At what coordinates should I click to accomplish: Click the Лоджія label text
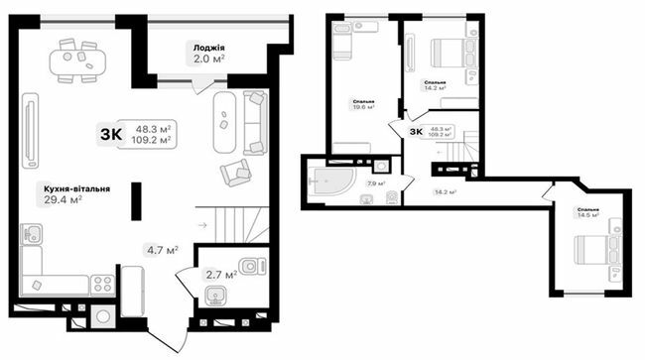pos(208,47)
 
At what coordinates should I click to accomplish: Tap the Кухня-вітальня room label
pos(76,187)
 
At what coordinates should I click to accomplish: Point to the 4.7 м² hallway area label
pos(162,250)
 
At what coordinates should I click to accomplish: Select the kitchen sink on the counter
pos(32,235)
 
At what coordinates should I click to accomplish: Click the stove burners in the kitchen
pos(102,284)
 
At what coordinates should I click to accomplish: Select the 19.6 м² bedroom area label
pos(363,106)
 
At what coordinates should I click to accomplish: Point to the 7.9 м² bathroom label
pos(376,183)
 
